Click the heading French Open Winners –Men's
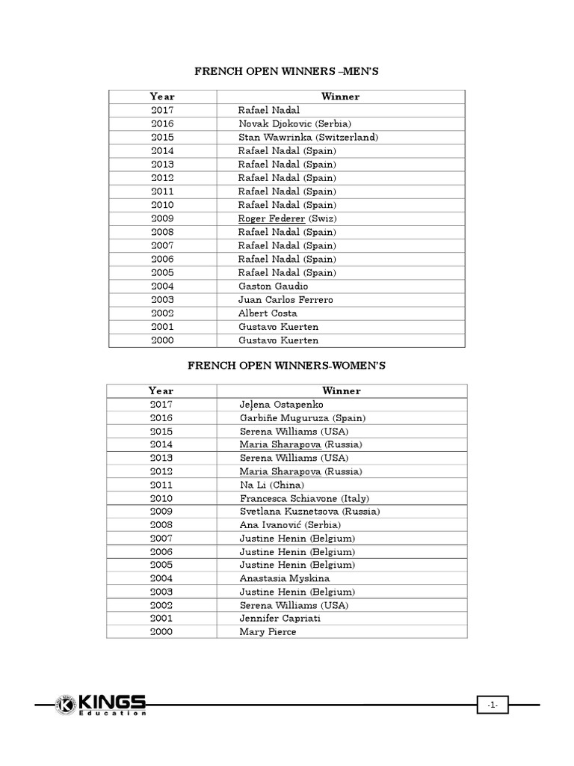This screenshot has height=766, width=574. click(x=286, y=71)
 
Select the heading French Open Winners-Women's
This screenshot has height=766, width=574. click(x=286, y=365)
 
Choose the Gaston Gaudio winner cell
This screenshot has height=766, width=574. click(x=273, y=286)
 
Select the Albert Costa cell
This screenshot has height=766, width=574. click(x=268, y=313)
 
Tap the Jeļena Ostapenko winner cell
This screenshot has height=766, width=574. click(x=282, y=404)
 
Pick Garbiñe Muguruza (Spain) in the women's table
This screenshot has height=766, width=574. click(x=303, y=417)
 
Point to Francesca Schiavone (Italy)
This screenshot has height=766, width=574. click(x=304, y=498)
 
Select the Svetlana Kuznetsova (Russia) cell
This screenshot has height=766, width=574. click(x=309, y=512)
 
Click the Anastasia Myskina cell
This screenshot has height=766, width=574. click(x=285, y=578)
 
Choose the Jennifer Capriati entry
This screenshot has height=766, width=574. click(x=281, y=619)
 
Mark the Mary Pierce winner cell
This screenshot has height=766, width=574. click(x=268, y=632)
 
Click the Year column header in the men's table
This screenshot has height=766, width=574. click(x=162, y=96)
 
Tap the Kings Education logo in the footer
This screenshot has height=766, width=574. click(x=102, y=705)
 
